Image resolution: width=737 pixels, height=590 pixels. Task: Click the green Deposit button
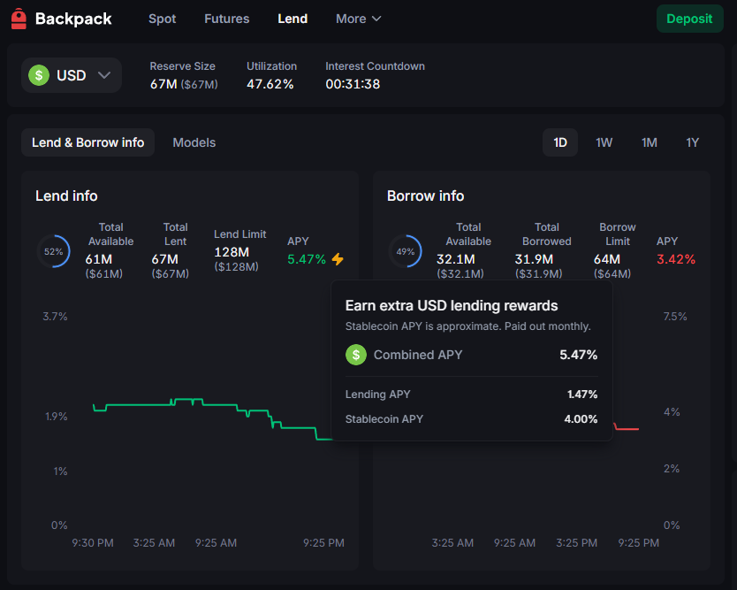click(689, 19)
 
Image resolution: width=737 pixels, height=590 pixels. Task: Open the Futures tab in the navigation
click(226, 19)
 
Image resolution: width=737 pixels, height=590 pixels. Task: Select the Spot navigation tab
click(162, 19)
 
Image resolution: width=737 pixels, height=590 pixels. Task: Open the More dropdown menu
click(358, 19)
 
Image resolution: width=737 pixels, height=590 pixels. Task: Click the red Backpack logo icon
click(19, 19)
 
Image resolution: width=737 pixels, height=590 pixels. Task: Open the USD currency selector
click(72, 75)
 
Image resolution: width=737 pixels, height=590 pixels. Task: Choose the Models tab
click(194, 142)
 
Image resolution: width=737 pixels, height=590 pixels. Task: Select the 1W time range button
click(604, 142)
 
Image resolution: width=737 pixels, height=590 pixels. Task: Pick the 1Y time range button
click(692, 142)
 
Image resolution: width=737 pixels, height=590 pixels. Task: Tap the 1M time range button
click(649, 142)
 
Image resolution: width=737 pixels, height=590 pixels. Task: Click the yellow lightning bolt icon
click(338, 259)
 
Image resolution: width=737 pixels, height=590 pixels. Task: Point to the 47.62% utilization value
click(270, 84)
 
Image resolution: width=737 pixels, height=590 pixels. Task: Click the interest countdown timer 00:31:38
click(353, 84)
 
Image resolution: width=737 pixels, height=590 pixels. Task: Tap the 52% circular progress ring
click(53, 252)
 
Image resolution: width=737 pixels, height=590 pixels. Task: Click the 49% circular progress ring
click(406, 252)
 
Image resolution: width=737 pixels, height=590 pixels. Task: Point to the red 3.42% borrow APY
click(675, 259)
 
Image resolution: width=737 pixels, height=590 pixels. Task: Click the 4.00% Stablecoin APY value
click(581, 419)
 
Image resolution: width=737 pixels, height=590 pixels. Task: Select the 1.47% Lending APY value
click(581, 395)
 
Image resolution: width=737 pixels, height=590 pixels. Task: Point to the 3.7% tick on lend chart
click(55, 317)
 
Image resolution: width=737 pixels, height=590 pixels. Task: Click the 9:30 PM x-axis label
click(92, 543)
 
